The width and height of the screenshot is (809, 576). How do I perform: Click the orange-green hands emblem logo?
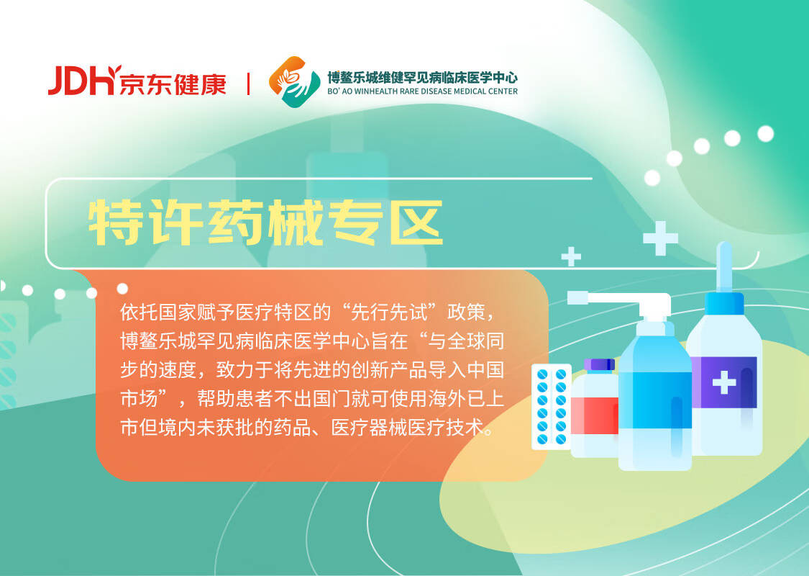[294, 81]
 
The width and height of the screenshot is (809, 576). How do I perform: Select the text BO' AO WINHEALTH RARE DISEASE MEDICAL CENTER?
[422, 91]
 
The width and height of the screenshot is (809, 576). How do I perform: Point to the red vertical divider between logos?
[248, 84]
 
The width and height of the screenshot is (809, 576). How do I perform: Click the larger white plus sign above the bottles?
[660, 238]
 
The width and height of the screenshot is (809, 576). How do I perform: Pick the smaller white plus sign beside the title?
[571, 257]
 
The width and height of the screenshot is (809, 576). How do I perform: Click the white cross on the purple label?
[724, 382]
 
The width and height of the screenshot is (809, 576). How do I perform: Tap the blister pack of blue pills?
[552, 407]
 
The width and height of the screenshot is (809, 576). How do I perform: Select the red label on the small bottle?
[595, 416]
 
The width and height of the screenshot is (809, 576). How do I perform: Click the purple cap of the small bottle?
[600, 365]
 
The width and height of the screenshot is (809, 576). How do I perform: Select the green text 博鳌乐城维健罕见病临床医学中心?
[422, 78]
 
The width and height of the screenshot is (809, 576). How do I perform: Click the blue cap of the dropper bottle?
[724, 302]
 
